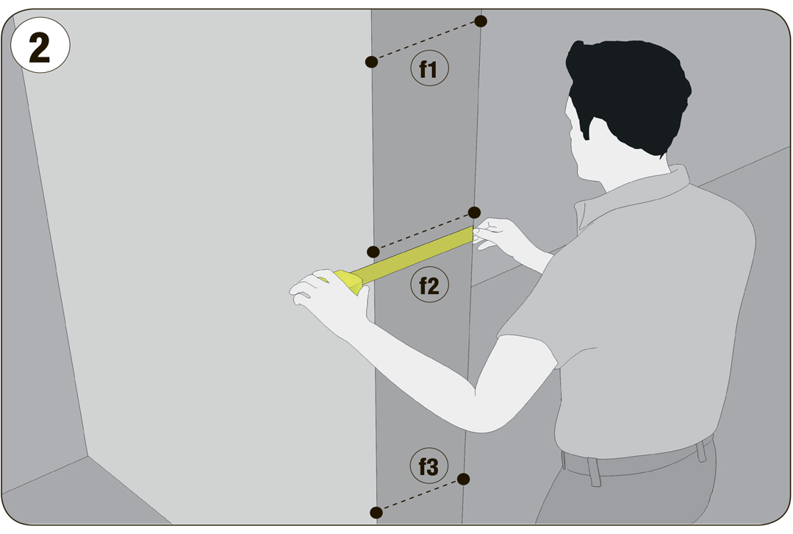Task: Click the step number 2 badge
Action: click(x=40, y=46)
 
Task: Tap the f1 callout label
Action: click(x=429, y=68)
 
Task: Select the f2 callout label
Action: click(x=429, y=285)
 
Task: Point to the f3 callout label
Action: click(x=429, y=466)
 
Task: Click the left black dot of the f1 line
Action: click(x=372, y=62)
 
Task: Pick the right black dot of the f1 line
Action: click(x=481, y=21)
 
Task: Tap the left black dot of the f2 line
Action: click(x=373, y=252)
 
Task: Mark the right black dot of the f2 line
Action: click(x=474, y=212)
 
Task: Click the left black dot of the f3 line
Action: click(x=376, y=513)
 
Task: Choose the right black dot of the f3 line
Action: click(x=463, y=479)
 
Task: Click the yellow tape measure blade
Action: click(x=412, y=256)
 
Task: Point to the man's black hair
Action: click(x=627, y=91)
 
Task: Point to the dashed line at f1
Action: click(x=426, y=41)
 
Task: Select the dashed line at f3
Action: click(x=420, y=496)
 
